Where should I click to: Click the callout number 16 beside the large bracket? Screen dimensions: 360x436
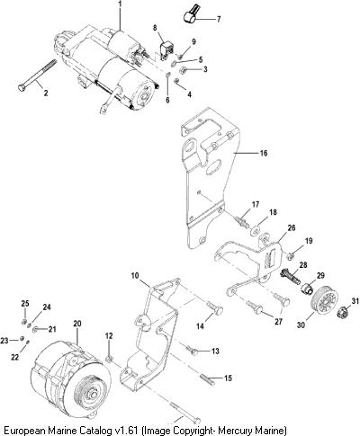[263, 153]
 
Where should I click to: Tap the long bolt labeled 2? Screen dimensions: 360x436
[37, 75]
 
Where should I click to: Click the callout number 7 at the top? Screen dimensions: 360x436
[219, 20]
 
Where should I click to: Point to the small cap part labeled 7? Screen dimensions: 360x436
[190, 15]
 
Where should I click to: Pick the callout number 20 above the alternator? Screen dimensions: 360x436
[77, 324]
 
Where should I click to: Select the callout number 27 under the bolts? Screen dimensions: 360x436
[278, 322]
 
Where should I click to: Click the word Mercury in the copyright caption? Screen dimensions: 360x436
[237, 430]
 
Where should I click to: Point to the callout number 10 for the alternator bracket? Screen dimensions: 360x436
[135, 275]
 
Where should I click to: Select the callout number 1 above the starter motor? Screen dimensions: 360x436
[121, 4]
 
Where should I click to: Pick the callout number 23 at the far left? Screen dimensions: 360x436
[4, 341]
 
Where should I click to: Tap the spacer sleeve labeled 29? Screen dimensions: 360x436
[306, 289]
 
